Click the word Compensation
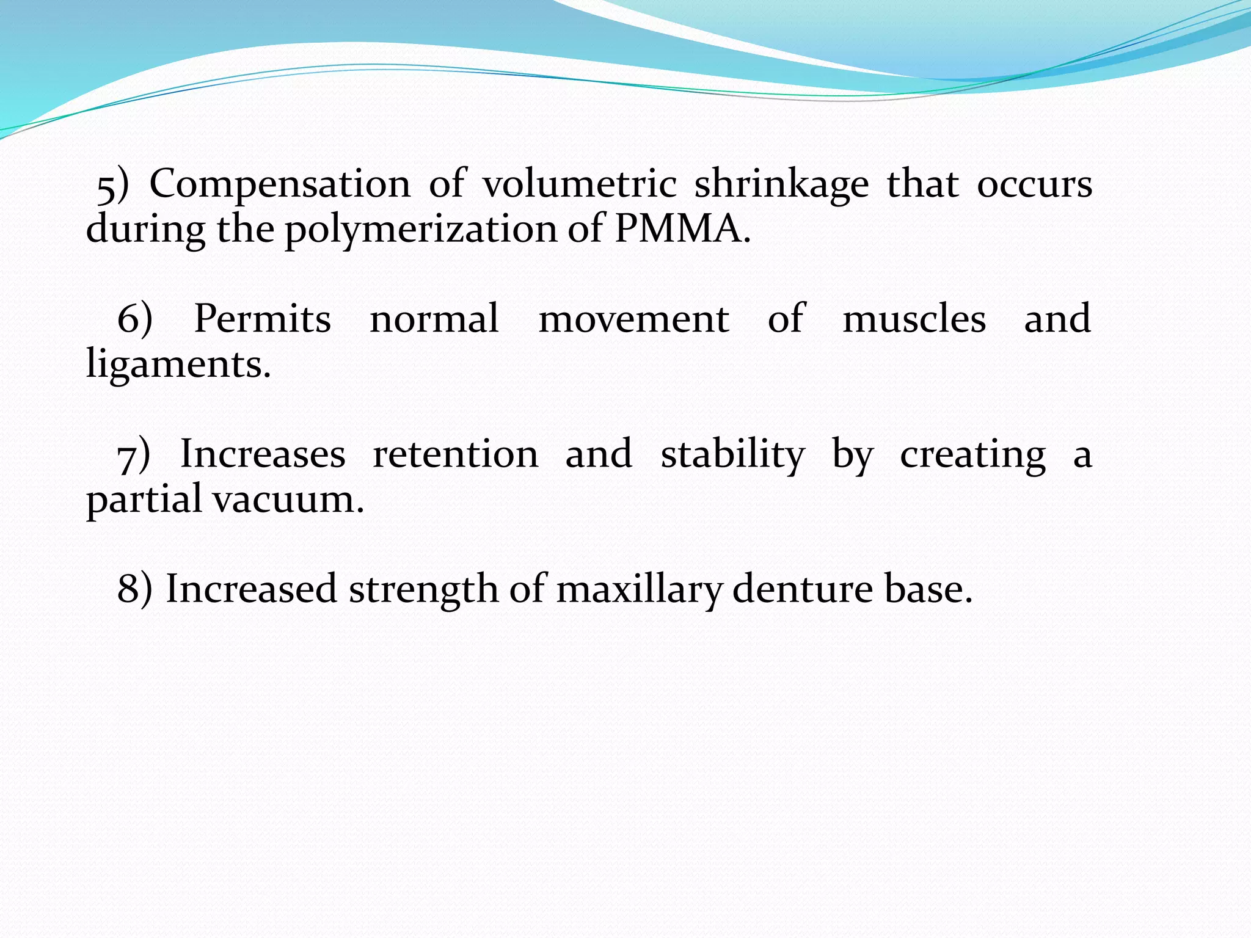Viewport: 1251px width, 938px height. [x=280, y=184]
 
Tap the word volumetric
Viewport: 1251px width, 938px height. [x=579, y=184]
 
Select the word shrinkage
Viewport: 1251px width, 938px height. [x=781, y=185]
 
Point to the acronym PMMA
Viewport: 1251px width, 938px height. [x=681, y=230]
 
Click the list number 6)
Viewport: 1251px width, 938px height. [x=134, y=319]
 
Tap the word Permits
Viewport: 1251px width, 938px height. [x=262, y=319]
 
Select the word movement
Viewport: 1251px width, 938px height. [x=633, y=319]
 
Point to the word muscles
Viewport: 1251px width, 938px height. [x=914, y=319]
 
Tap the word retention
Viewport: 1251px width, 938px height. [x=456, y=454]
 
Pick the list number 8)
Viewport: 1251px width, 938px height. [x=134, y=589]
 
